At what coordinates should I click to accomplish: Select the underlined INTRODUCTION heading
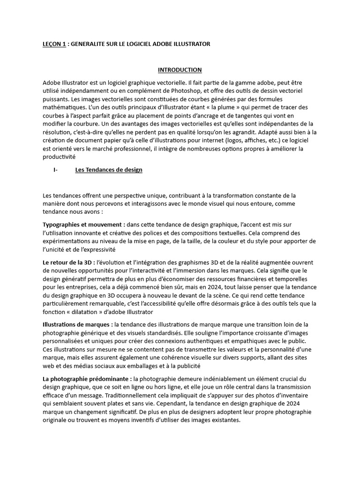pyautogui.click(x=180, y=70)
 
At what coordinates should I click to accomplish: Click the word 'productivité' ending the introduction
pyautogui.click(x=58, y=157)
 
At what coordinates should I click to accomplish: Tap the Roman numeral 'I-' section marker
pyautogui.click(x=55, y=170)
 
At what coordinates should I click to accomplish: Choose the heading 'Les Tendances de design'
pyautogui.click(x=109, y=170)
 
